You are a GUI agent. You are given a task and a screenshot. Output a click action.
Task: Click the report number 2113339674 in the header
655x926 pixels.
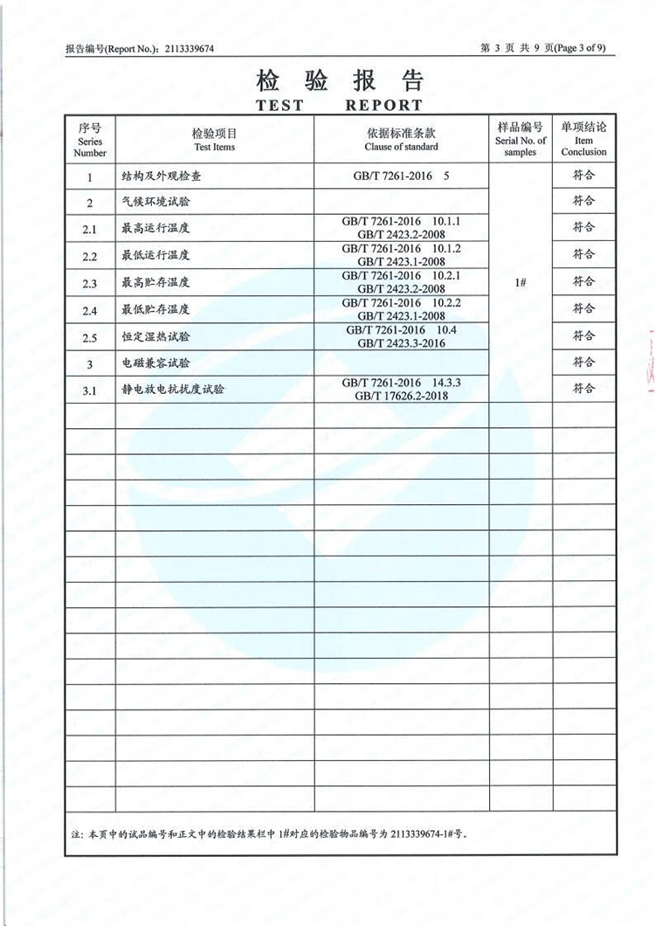coord(189,49)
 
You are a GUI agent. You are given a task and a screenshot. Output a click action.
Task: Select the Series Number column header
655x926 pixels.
coord(90,140)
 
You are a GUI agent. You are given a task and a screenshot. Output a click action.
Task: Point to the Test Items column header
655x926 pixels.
coord(214,140)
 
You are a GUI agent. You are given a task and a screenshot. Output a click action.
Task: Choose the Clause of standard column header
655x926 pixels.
coord(402,140)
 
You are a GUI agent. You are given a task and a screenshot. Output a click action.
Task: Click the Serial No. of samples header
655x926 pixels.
coord(521,140)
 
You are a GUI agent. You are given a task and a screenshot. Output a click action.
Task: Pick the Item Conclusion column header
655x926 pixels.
coord(583,140)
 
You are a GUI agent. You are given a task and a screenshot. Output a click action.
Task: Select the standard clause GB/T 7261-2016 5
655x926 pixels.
coord(402,176)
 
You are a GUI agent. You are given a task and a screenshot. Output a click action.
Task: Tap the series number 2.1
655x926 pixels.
coord(89,230)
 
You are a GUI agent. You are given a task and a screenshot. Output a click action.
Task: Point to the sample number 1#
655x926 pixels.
coord(521,282)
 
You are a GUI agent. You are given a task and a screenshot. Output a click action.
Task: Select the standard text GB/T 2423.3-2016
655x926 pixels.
coord(402,343)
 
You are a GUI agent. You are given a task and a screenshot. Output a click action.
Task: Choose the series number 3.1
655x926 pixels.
coord(89,390)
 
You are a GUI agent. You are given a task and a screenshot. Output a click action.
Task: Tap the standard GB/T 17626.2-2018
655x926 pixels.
coord(402,397)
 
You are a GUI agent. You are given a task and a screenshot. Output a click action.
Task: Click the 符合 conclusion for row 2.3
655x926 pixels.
coord(583,281)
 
